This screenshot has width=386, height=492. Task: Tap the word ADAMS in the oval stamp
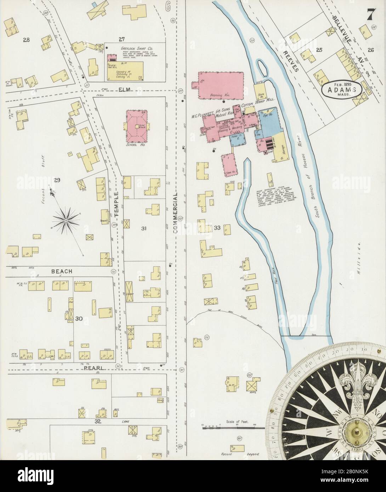point(342,90)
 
